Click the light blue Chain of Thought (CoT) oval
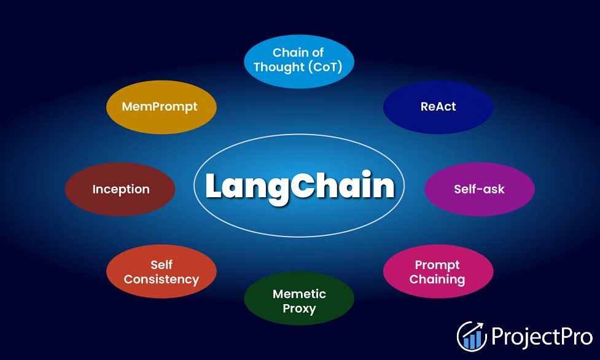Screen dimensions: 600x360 click(x=299, y=61)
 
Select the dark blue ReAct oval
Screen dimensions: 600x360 click(x=438, y=107)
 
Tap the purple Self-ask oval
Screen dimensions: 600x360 click(x=480, y=189)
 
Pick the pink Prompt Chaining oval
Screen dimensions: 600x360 click(x=438, y=272)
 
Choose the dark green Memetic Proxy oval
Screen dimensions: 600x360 click(x=299, y=299)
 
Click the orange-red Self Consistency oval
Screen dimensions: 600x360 click(x=161, y=272)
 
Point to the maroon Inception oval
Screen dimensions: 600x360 click(x=120, y=189)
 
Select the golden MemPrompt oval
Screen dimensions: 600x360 click(x=161, y=107)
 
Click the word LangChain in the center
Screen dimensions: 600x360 click(x=300, y=187)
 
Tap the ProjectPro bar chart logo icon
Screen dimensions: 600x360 click(x=472, y=336)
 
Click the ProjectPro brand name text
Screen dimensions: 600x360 click(x=542, y=337)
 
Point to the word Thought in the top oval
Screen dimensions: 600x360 click(x=279, y=67)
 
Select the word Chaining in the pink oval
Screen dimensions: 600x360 click(x=437, y=280)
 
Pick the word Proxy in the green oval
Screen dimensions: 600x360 click(x=299, y=308)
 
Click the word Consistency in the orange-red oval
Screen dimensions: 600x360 click(x=162, y=280)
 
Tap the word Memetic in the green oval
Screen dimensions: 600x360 click(x=299, y=294)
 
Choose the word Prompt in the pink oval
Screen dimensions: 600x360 click(x=437, y=265)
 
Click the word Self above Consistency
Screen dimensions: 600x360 click(x=162, y=265)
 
